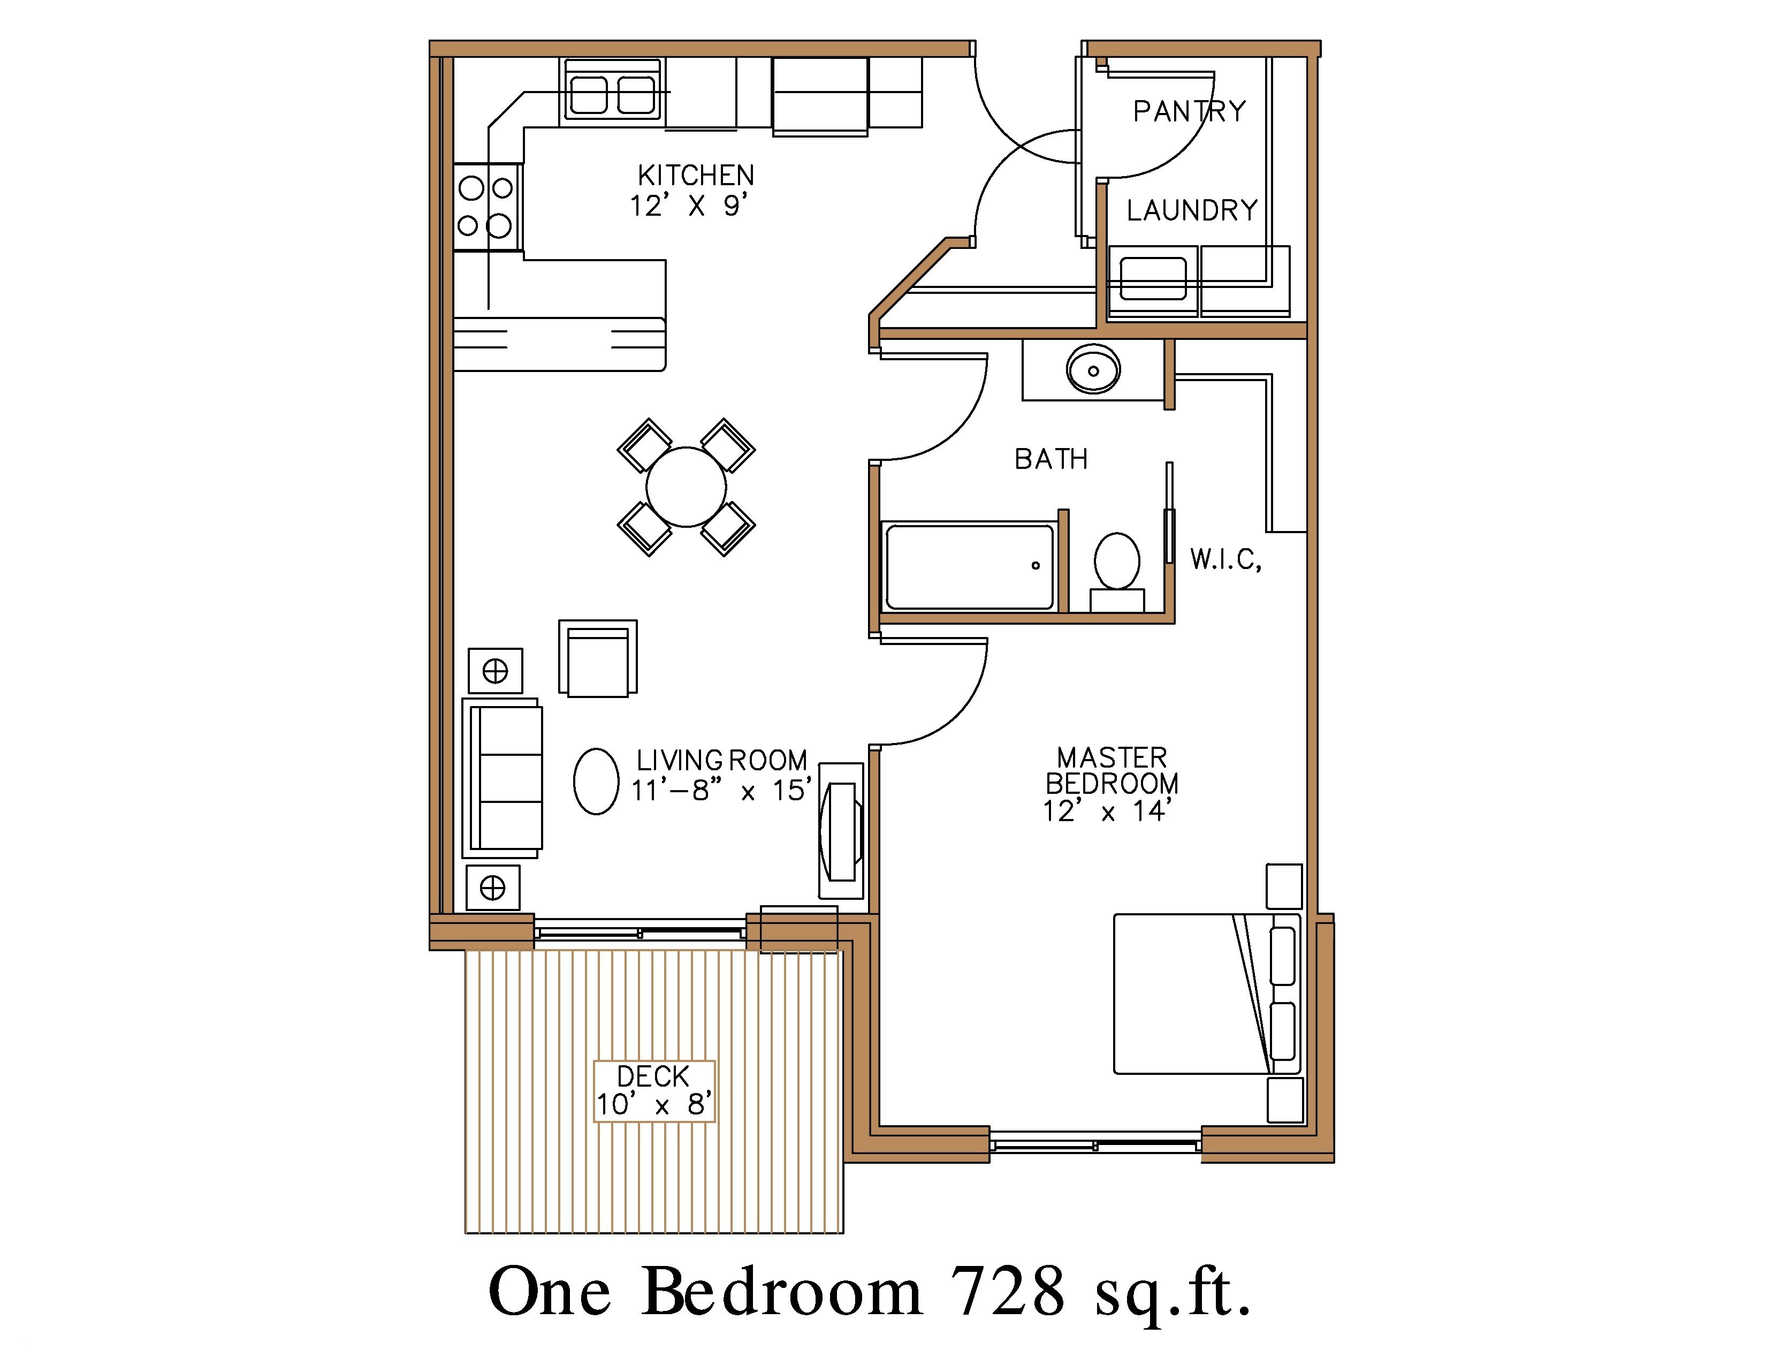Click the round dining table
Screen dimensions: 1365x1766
pos(686,487)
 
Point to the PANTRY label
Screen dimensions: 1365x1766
pos(1189,111)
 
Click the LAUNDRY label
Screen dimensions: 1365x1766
pos(1192,210)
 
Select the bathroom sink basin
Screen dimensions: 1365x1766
pos(1093,370)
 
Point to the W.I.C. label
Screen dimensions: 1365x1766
pos(1225,559)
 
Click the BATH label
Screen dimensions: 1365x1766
pos(1051,459)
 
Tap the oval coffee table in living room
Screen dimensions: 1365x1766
pos(596,781)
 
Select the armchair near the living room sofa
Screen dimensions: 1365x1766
pos(598,659)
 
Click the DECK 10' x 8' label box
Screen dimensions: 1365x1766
pos(654,1091)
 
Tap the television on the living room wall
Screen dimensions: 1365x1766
pos(841,830)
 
